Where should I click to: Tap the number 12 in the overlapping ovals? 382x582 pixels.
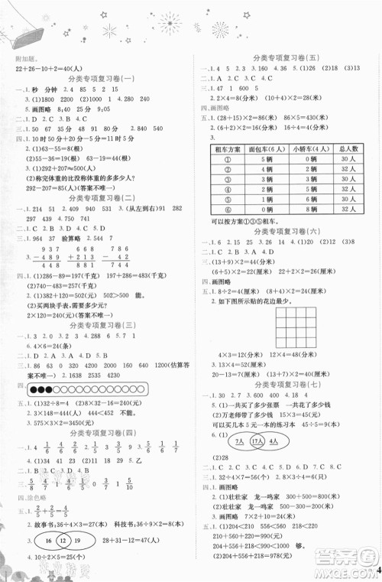pos(66,539)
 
